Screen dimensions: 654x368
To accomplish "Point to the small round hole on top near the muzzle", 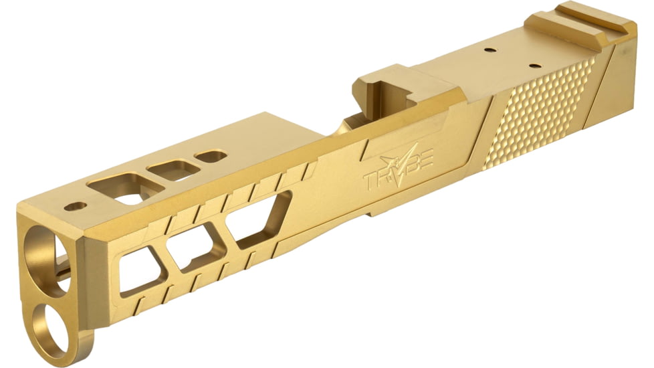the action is (x=76, y=205).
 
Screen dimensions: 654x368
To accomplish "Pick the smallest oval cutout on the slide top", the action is (x=211, y=157).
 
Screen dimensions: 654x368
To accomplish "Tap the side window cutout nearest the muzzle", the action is (x=141, y=271).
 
